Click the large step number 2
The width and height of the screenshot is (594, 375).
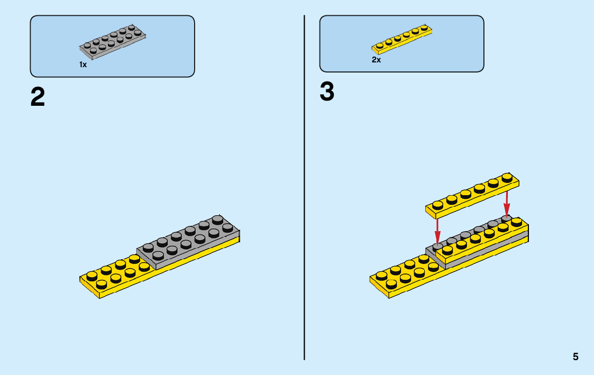pos(38,97)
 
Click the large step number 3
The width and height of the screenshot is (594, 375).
pos(327,93)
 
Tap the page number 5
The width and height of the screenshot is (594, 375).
pos(575,357)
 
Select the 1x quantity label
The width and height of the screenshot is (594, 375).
pos(83,65)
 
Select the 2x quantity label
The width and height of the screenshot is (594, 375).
pos(376,60)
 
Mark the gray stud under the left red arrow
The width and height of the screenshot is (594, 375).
pos(438,246)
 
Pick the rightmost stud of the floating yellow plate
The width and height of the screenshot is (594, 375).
pos(507,177)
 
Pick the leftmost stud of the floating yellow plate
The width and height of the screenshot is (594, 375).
pos(437,205)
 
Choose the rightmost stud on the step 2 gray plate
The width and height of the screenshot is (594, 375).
pos(227,227)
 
